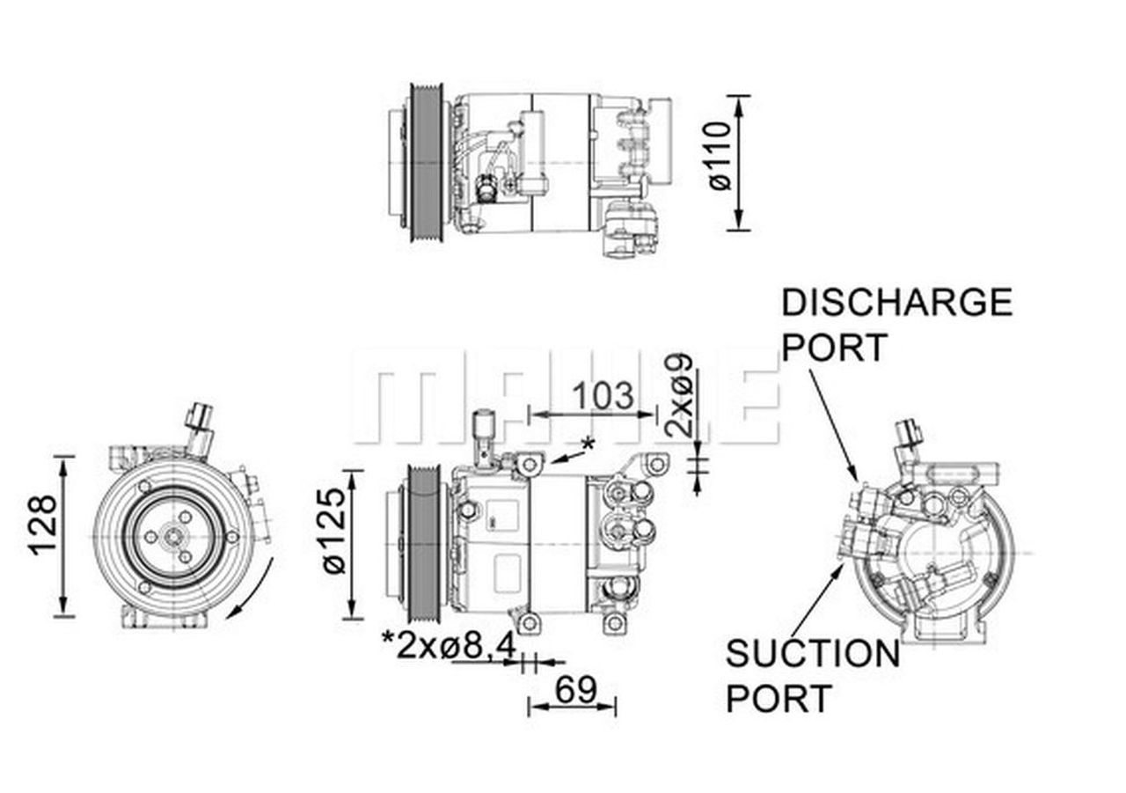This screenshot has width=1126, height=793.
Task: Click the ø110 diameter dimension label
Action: [x=719, y=156]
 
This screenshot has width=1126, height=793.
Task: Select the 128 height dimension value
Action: [x=43, y=525]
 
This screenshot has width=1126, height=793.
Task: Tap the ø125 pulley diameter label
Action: [x=334, y=532]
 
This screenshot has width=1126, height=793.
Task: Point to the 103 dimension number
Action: [x=603, y=396]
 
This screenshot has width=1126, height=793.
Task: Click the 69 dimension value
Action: [x=575, y=690]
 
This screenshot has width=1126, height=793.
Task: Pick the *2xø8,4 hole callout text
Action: [x=449, y=647]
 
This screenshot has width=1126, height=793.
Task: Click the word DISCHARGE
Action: [x=896, y=303]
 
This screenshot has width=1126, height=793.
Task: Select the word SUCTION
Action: [x=812, y=654]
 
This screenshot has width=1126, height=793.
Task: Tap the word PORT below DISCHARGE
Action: [x=835, y=348]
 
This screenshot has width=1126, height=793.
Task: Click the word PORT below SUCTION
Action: [x=779, y=699]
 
